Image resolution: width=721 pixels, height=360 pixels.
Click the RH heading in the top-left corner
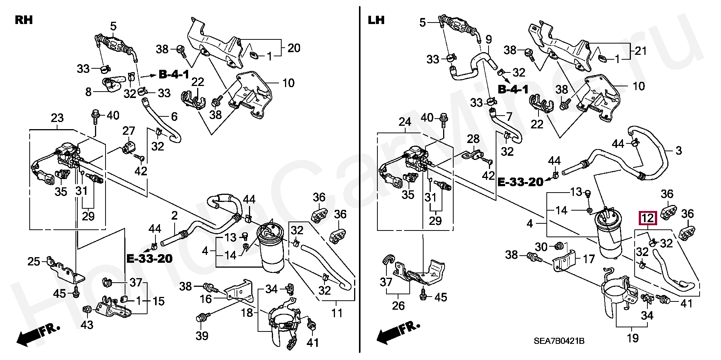[24, 20]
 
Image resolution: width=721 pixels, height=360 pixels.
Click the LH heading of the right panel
[376, 20]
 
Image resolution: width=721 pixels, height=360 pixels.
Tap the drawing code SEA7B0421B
[559, 341]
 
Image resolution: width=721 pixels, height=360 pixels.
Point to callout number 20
[294, 48]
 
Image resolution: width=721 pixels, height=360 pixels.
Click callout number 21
[641, 50]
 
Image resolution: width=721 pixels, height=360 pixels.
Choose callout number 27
[129, 131]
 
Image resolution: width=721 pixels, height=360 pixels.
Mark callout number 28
[473, 139]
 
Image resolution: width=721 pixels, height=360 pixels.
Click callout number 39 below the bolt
[202, 336]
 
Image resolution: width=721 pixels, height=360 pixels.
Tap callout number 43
[87, 325]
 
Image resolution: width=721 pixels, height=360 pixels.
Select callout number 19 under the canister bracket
[633, 338]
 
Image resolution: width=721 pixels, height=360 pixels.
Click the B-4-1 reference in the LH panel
[513, 90]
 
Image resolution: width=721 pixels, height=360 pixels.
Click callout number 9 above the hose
[489, 39]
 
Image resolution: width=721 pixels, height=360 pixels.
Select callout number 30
[541, 247]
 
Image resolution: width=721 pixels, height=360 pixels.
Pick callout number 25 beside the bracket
[34, 261]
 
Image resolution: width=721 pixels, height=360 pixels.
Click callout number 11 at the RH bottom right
[337, 312]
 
